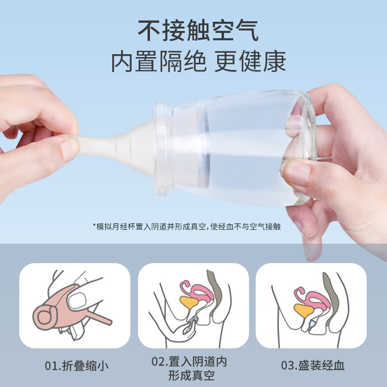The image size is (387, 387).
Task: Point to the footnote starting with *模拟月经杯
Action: tap(193, 226)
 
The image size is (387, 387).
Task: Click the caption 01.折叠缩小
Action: tap(76, 365)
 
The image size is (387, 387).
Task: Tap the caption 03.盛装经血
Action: tap(313, 365)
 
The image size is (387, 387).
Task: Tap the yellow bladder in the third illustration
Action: tap(302, 310)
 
